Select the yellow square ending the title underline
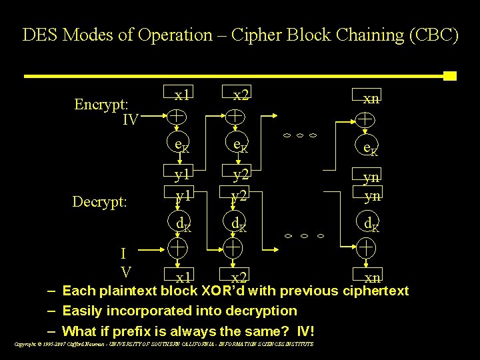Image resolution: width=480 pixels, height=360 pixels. coord(449,75)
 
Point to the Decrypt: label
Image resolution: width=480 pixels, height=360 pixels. coord(100,201)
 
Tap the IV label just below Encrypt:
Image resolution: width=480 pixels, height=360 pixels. coord(130,120)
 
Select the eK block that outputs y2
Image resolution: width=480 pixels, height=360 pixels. coord(241,145)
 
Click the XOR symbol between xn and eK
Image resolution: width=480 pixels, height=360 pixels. coord(364,120)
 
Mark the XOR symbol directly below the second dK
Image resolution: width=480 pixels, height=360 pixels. coord(233,249)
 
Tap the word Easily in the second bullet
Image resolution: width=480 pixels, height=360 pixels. coord(83,311)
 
